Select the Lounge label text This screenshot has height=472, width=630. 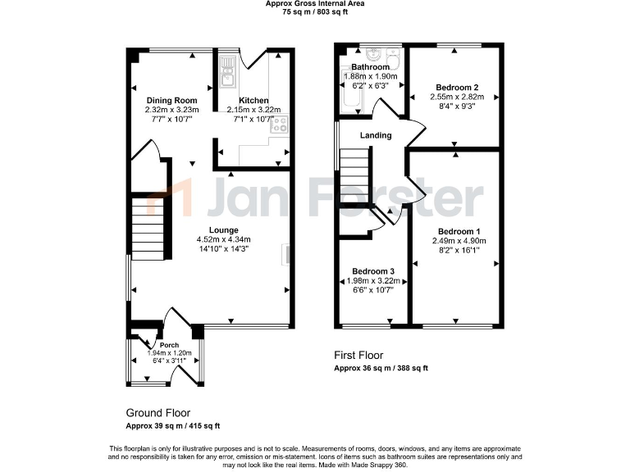point(223,230)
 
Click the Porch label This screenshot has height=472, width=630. point(169,345)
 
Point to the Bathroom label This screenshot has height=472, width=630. point(370,67)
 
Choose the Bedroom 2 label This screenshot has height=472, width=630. point(457,87)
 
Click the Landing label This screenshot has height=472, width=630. point(375,135)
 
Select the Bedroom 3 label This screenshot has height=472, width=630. point(373,271)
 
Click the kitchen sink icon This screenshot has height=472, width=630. point(227,71)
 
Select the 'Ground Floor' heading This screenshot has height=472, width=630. point(157,413)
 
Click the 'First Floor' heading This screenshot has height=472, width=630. point(359,355)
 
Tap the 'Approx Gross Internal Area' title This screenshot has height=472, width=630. point(314,4)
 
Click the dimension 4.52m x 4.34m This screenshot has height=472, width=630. point(223,239)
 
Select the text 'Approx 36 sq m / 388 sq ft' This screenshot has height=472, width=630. point(381,369)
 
